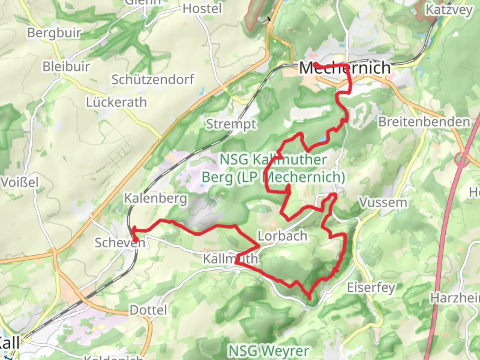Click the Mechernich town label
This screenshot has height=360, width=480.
pos(345,68)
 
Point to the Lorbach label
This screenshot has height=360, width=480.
pos(283,236)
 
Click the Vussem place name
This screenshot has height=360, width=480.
pos(383,202)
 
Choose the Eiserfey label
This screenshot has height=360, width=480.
pos(371,287)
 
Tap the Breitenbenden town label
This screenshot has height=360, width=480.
pos(424,122)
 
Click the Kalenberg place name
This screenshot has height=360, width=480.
pos(156,198)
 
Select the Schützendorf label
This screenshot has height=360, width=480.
pos(153,79)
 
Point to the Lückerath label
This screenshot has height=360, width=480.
pos(116,102)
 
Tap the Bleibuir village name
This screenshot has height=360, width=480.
pos(66,66)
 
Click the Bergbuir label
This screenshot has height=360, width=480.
pos(54,33)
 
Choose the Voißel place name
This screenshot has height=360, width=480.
pos(19,182)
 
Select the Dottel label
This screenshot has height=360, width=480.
pos(148,310)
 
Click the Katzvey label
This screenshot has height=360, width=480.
pos(449,10)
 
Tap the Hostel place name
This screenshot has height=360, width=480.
pos(202,9)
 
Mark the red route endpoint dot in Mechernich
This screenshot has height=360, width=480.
pos(315,64)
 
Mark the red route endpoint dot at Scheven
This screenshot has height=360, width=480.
pos(136,239)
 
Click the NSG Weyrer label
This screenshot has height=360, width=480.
pos(269,351)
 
